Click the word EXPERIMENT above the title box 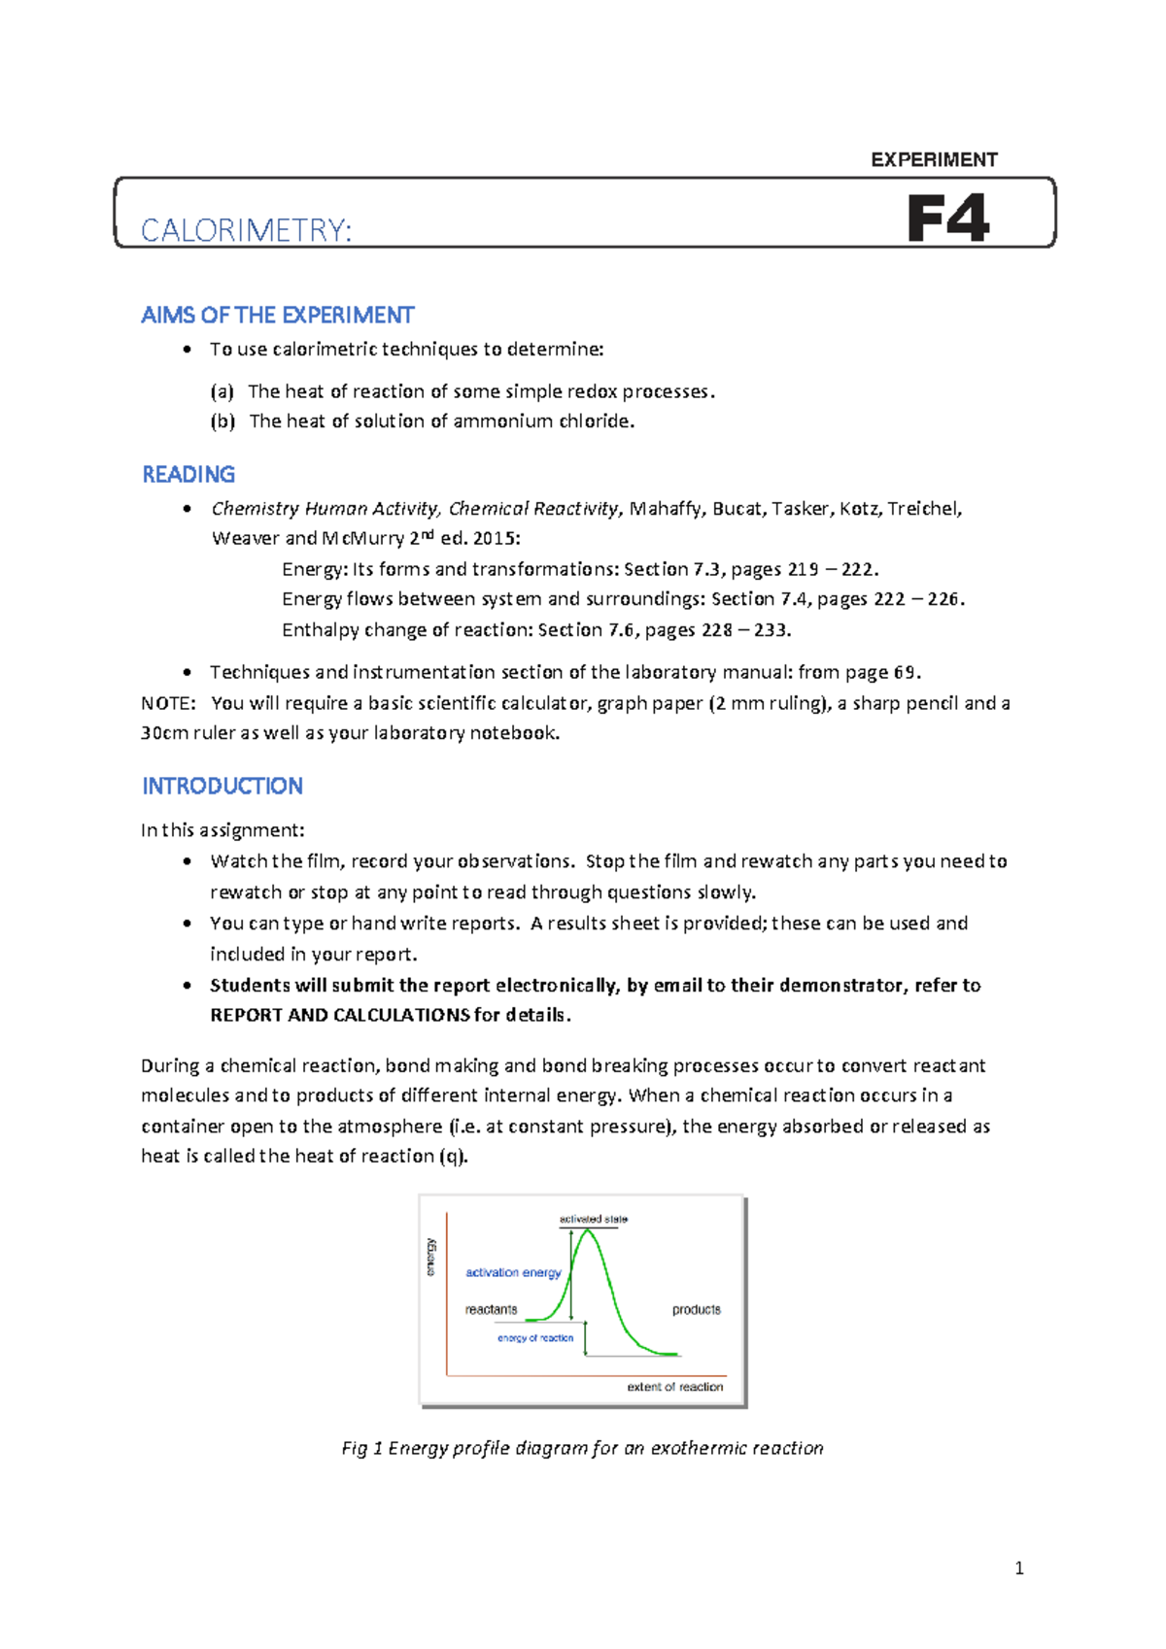(934, 160)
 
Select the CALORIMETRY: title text (246, 230)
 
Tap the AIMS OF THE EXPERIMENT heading (277, 316)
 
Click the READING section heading (189, 475)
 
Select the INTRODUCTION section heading (223, 786)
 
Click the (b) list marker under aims (223, 421)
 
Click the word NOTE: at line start (167, 703)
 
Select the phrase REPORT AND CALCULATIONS (340, 1015)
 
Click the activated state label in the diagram (593, 1219)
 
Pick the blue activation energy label (513, 1272)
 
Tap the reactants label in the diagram (491, 1309)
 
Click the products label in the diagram (696, 1309)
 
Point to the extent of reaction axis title (674, 1387)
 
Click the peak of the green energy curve (587, 1231)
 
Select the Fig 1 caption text (582, 1448)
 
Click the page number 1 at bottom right (1018, 1567)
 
